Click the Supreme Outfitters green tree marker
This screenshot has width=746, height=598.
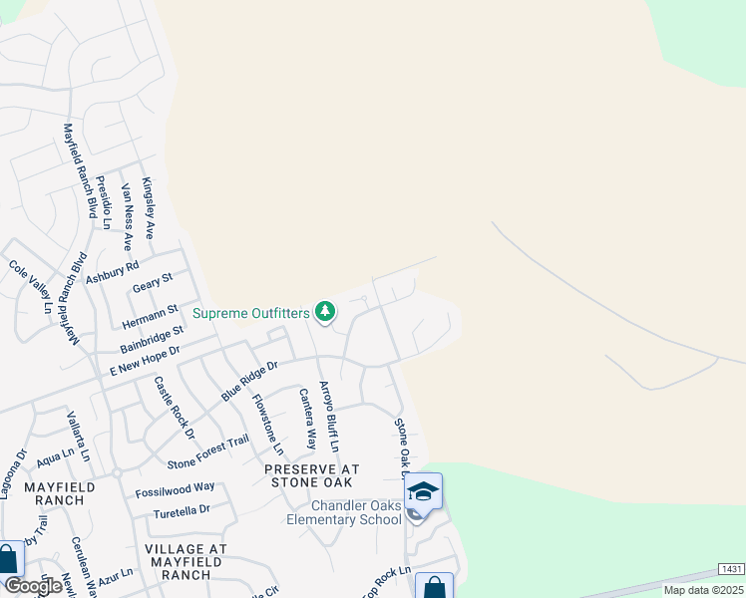point(324,313)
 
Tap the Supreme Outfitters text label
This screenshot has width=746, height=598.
point(251,313)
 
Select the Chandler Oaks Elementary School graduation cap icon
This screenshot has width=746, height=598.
point(423,491)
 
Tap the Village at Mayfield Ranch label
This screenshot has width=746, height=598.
point(186,561)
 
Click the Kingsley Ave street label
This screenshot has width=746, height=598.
point(149,208)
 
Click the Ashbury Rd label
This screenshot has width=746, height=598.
point(112,266)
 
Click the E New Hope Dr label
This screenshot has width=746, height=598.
point(145,360)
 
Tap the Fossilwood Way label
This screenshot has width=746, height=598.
point(176,488)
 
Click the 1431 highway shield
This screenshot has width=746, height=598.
point(730,568)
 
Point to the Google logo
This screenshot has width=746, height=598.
point(32,586)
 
